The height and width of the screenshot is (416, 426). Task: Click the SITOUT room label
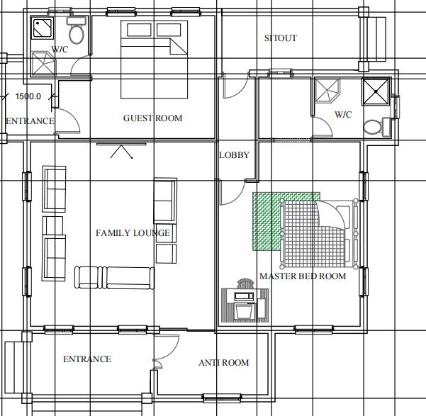[x=281, y=38]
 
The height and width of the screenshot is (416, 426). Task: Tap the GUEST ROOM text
[x=152, y=118]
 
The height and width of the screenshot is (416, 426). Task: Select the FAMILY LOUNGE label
[x=133, y=233]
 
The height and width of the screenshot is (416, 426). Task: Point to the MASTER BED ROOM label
[x=303, y=276]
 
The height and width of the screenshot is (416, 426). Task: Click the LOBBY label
[x=234, y=155]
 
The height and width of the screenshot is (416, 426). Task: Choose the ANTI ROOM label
[x=224, y=363]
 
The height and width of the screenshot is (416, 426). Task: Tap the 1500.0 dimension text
[x=28, y=96]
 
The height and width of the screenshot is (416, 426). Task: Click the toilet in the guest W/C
[x=77, y=30]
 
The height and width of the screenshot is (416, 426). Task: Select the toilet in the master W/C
[x=377, y=127]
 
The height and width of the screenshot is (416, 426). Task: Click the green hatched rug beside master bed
[x=267, y=221]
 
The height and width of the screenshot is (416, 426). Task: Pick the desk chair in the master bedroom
[x=245, y=283]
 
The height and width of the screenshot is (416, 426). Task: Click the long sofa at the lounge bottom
[x=114, y=277]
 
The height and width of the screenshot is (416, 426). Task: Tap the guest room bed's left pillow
[x=139, y=30]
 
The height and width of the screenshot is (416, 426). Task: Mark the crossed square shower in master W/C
[x=376, y=91]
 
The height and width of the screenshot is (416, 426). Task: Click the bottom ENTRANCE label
[x=87, y=359]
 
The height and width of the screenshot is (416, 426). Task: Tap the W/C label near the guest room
[x=60, y=50]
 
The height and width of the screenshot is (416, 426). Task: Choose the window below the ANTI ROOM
[x=223, y=398]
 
